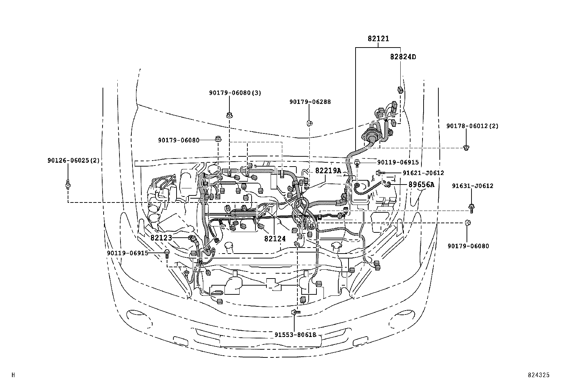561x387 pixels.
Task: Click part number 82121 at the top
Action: (x=378, y=39)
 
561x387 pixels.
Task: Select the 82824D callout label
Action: (x=403, y=57)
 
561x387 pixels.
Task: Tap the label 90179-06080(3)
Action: (x=235, y=93)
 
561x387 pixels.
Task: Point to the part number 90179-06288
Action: (x=310, y=102)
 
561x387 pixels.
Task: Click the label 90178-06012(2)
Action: (x=472, y=126)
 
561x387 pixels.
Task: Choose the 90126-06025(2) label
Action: (x=74, y=160)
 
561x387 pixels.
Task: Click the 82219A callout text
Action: (x=328, y=171)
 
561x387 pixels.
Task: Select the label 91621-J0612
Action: (x=423, y=173)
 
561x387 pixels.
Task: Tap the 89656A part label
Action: (x=421, y=185)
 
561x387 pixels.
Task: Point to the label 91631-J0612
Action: (x=473, y=186)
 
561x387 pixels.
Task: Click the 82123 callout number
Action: (x=161, y=238)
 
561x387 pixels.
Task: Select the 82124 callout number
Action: (x=275, y=238)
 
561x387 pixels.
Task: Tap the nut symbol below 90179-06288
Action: (x=309, y=123)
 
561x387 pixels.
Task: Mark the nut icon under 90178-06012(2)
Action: (x=466, y=148)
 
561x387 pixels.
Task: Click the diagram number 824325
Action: (x=538, y=375)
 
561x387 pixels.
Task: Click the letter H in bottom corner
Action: (x=13, y=375)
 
